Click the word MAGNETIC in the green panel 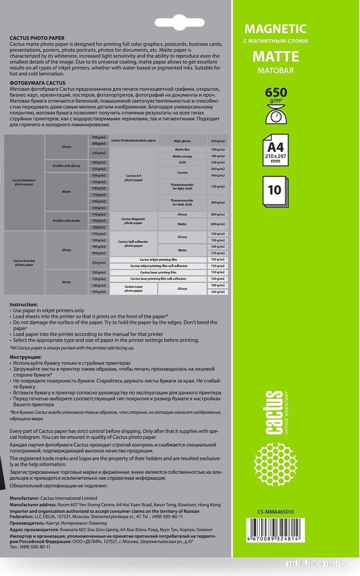(275, 29)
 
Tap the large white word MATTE (275, 56)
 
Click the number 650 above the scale (276, 93)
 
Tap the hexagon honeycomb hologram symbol (275, 463)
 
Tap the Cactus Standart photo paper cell (24, 183)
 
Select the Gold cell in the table (182, 162)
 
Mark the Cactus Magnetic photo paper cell (133, 221)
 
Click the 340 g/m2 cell (218, 175)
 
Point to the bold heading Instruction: (24, 304)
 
